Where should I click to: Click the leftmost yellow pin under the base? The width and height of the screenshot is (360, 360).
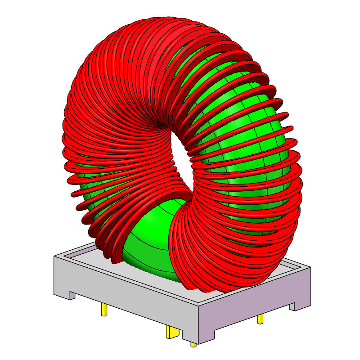tap(104, 309)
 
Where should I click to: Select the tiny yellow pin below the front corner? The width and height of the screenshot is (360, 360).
tap(193, 344)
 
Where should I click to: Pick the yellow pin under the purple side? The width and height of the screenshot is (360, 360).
tap(260, 319)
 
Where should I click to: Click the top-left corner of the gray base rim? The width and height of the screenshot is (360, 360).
tap(55, 256)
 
